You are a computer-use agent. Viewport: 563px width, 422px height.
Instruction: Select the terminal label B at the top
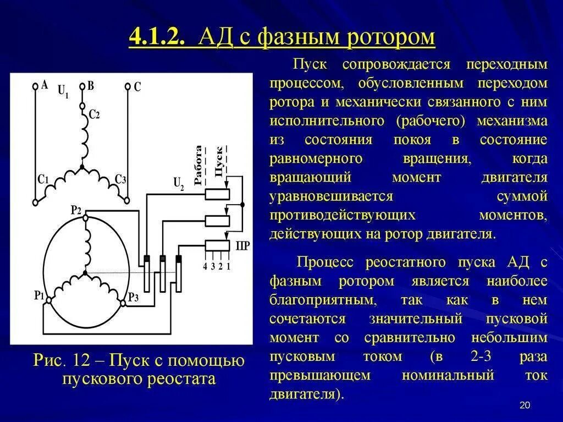coord(91,85)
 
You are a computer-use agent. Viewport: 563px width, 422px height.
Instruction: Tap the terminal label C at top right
coord(137,86)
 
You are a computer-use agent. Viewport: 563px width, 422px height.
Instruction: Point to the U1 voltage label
coord(63,91)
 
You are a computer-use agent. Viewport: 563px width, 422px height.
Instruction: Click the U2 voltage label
coord(179,183)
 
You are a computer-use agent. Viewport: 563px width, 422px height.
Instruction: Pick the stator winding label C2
coord(94,114)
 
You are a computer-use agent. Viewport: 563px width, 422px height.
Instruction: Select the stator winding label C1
coord(43,179)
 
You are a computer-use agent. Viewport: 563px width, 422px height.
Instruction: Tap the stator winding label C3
coord(120,179)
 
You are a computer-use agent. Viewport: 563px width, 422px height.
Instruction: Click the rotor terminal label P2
coord(76,210)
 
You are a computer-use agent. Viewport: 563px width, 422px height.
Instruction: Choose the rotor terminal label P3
coord(133,297)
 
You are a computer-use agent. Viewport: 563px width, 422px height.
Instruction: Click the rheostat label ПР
coord(242,246)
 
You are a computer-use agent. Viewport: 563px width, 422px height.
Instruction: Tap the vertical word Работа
coord(198,164)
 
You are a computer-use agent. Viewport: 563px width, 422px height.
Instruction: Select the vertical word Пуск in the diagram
coord(218,161)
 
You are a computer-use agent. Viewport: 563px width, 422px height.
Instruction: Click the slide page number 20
coord(524,405)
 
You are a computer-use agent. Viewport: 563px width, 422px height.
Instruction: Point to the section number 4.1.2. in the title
coord(155,39)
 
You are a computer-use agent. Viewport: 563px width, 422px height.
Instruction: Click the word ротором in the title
coord(391,39)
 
